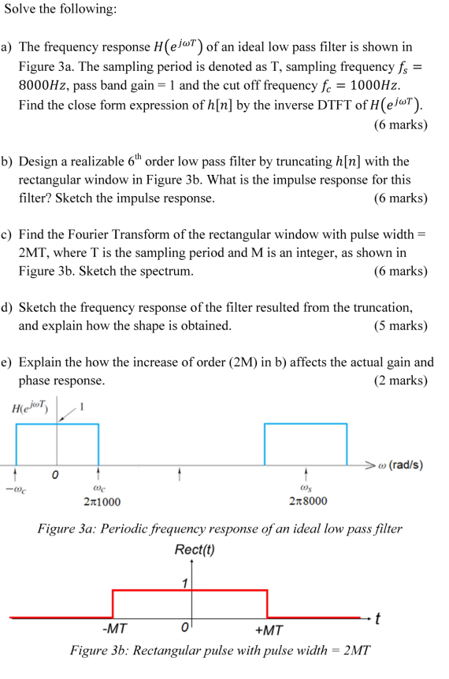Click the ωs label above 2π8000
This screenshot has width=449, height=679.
click(306, 488)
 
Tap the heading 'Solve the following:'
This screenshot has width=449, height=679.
click(60, 9)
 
